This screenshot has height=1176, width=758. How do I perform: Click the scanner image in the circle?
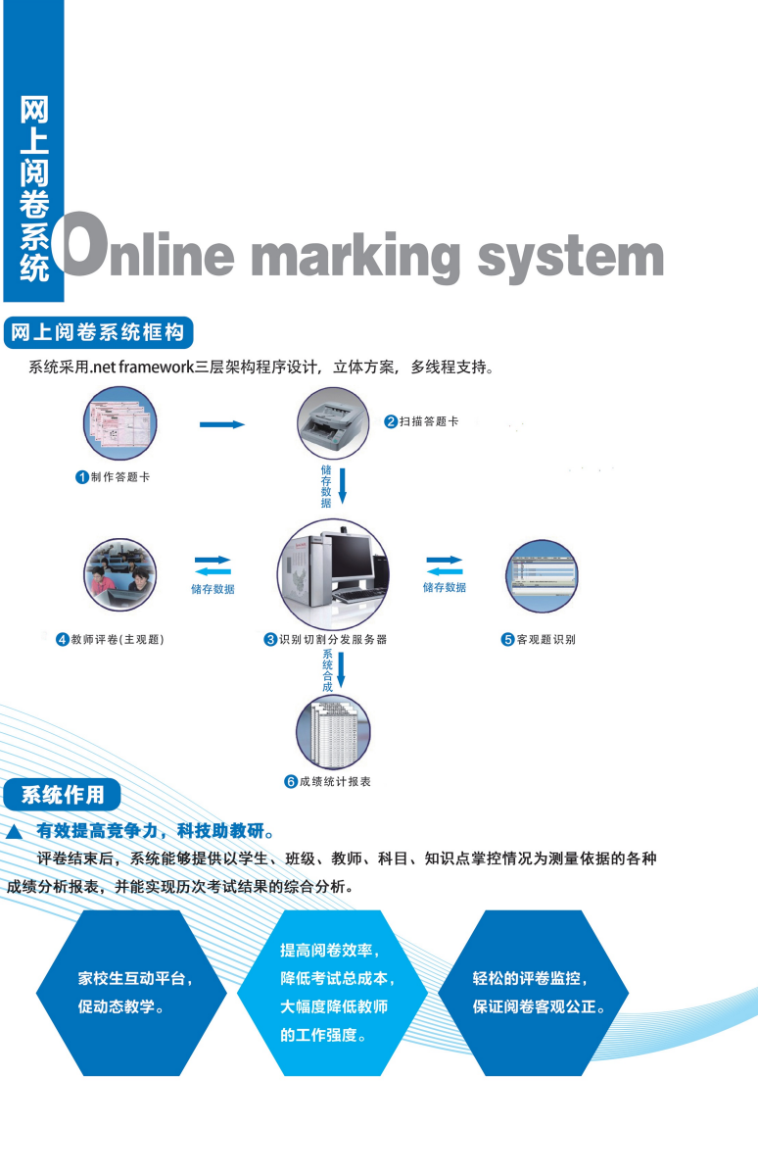333,423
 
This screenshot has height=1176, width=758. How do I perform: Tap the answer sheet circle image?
120,423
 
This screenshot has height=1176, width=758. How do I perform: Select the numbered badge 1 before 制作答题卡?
82,477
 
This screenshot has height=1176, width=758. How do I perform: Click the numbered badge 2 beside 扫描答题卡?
391,421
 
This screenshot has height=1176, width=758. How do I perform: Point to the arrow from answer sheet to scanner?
222,424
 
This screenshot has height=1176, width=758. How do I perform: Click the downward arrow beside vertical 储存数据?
342,486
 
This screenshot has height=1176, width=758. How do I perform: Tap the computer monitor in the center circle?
351,557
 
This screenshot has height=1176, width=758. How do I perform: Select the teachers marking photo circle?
120,574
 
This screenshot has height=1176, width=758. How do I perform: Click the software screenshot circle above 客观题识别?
542,576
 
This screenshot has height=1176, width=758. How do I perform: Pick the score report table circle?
333,732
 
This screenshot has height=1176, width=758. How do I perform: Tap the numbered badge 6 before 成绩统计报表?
291,782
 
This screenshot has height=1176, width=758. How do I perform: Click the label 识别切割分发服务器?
333,639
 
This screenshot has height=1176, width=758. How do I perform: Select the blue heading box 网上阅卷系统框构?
99,332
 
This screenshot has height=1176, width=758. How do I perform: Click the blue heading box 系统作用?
62,795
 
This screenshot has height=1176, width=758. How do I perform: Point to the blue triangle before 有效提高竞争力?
14,832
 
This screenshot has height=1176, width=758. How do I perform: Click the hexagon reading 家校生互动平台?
131,993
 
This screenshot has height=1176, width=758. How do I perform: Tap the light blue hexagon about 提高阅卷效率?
333,993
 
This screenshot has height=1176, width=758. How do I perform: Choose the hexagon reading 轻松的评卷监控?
534,993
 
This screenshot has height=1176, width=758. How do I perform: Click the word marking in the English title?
355,257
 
